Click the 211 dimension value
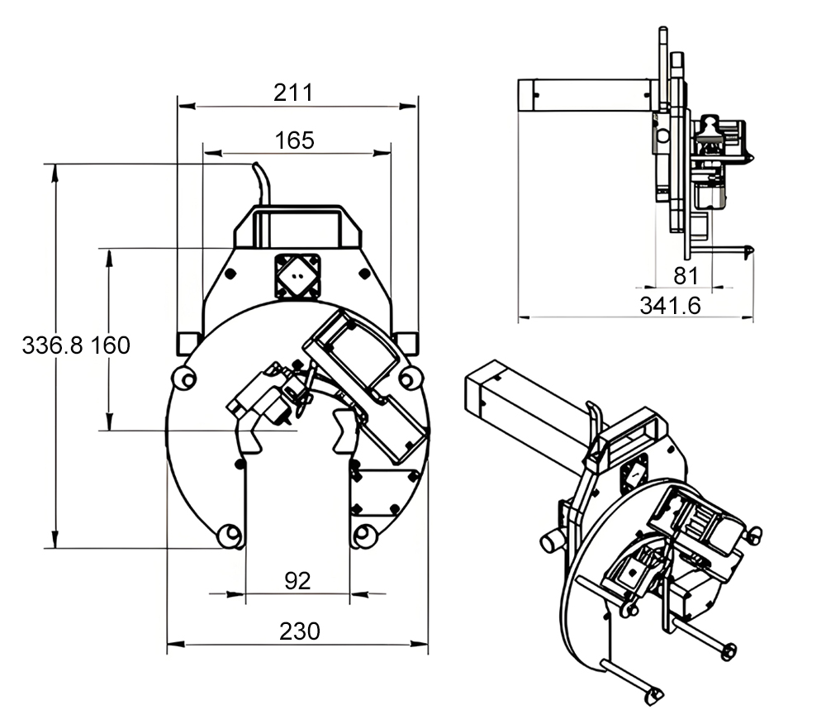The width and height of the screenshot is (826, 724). [293, 93]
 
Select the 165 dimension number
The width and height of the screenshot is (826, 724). [295, 141]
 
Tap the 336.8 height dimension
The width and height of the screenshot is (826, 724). [52, 345]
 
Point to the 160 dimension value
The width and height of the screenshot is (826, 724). [110, 345]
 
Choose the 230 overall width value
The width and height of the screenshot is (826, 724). [298, 631]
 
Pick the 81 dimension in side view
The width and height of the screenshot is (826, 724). [686, 275]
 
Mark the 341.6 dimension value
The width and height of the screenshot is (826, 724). [670, 306]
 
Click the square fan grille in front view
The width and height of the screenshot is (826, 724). [297, 275]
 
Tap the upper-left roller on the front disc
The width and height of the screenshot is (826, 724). [184, 379]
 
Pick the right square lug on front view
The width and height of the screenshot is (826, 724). [407, 341]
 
